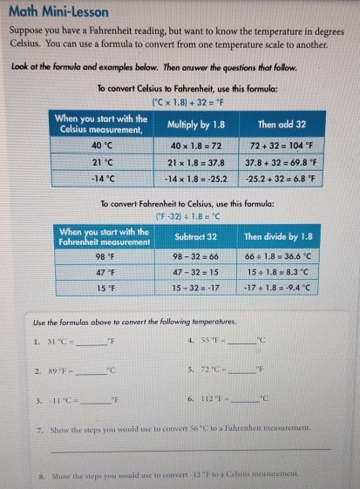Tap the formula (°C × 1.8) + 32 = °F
coord(179,102)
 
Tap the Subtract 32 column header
coord(195,234)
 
